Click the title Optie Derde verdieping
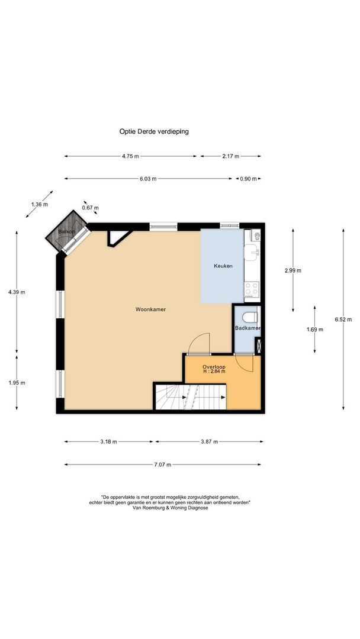click(154, 132)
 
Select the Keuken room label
click(223, 266)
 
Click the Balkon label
click(67, 232)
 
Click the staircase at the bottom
click(191, 397)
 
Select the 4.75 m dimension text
click(130, 156)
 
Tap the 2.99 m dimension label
click(292, 270)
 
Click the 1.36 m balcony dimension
click(39, 205)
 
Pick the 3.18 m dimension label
click(108, 441)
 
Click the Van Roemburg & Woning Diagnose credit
click(171, 508)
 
